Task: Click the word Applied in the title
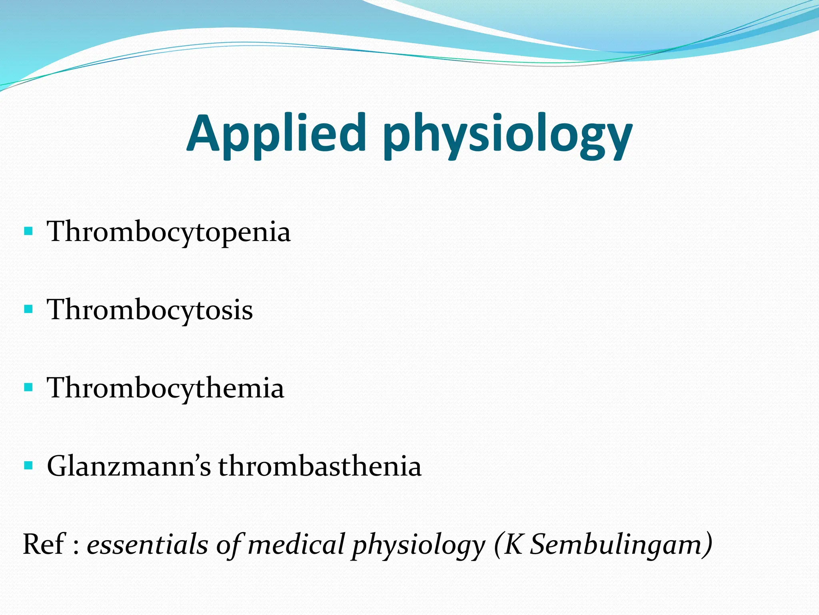[x=276, y=134]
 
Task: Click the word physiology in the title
[x=507, y=136]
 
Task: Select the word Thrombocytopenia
[x=168, y=232]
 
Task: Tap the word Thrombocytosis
[x=150, y=310]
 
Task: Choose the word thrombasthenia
[x=320, y=466]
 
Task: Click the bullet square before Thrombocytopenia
[x=28, y=231]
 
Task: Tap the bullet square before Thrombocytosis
[x=28, y=309]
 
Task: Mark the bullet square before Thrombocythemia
[x=28, y=387]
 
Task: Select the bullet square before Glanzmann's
[x=28, y=465]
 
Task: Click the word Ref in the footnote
[x=43, y=545]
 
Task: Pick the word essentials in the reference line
[x=147, y=545]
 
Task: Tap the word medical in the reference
[x=296, y=545]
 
